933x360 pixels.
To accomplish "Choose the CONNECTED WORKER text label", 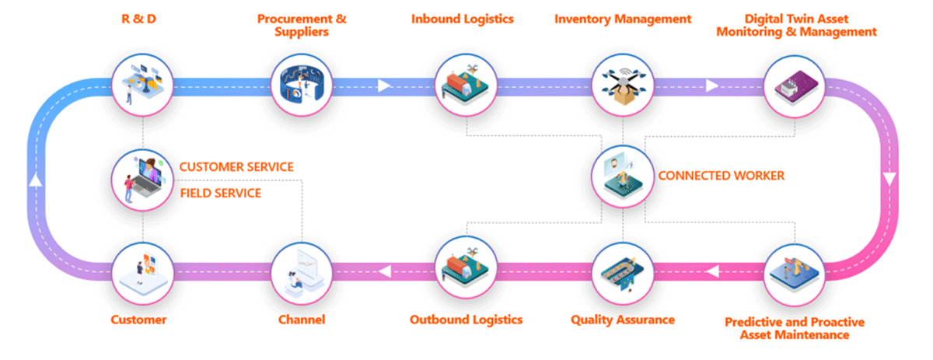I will point(721,176).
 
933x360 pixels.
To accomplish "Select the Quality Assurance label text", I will point(622,320).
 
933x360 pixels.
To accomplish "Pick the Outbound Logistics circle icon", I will point(464,269).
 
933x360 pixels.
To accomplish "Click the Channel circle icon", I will point(302,270).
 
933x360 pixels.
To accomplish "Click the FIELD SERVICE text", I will point(220,193).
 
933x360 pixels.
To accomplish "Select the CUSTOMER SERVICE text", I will point(236,167).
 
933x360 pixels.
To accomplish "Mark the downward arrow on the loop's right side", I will point(890,180).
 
